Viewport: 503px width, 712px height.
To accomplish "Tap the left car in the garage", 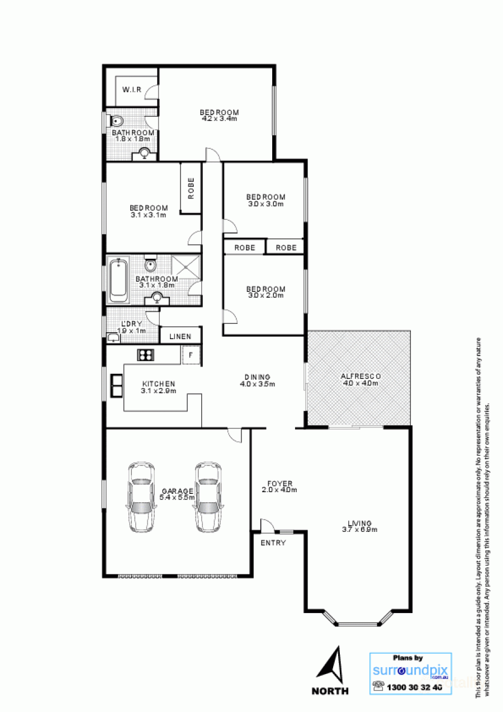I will click(x=141, y=497).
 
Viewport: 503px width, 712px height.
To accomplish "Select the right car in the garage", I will click(x=207, y=497).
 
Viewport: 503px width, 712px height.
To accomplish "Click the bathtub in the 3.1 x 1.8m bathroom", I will click(x=118, y=280).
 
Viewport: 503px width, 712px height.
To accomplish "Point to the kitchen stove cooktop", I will click(x=146, y=354).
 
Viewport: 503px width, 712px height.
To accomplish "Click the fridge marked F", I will click(x=190, y=355).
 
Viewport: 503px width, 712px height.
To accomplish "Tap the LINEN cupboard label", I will click(x=181, y=336).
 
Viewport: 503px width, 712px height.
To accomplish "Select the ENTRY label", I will click(x=273, y=543).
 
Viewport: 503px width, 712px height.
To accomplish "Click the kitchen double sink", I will click(x=117, y=385).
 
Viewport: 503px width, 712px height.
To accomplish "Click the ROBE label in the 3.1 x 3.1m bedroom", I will click(x=191, y=188).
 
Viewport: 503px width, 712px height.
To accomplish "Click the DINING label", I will click(x=257, y=376).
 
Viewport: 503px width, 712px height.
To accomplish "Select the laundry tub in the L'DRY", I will click(x=113, y=337).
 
